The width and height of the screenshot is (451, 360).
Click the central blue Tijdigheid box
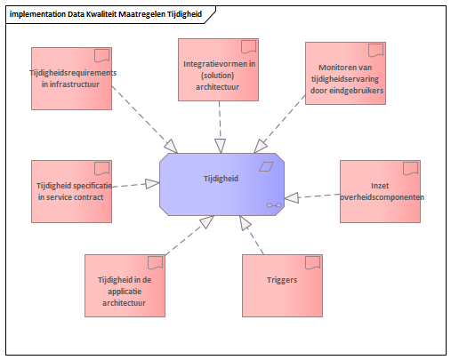coord(221,184)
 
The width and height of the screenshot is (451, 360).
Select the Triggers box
coord(282,285)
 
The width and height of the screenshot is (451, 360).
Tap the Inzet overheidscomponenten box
coord(380,191)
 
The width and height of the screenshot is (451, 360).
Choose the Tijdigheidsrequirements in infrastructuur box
coord(71,78)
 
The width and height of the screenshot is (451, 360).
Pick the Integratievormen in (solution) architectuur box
coord(218,69)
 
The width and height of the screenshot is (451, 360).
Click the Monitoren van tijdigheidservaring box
coord(345,73)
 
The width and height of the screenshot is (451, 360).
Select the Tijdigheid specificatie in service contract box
coord(71,191)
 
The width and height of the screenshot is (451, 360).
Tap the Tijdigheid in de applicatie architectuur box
coord(125,285)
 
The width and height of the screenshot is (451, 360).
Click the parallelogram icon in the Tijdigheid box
coord(266,166)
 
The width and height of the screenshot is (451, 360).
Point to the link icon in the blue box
coord(274,205)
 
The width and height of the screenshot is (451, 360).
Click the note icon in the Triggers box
coord(313,263)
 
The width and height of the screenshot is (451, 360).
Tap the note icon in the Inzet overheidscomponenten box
coord(411,169)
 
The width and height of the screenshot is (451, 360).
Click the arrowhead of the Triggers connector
coord(245,223)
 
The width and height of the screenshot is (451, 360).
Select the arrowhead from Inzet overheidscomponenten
coord(292,198)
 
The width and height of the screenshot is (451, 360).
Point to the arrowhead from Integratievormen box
coord(221,146)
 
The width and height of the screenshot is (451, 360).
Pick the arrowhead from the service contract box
coord(153,184)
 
